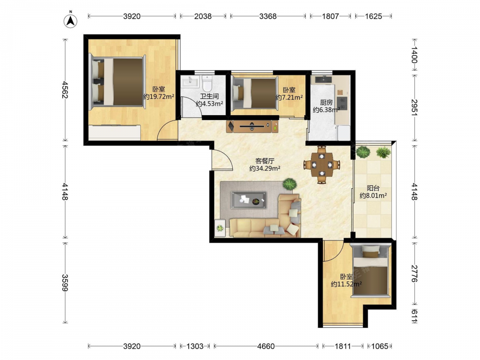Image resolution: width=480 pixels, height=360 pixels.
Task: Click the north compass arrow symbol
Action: coord(71,21)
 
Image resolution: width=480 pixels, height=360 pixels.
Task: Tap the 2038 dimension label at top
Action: coord(203,16)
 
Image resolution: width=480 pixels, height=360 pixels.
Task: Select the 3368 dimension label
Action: coord(268,16)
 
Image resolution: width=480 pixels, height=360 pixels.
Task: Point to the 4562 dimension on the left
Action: coord(65,89)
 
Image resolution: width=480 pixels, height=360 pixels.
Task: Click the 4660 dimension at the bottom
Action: coord(266,346)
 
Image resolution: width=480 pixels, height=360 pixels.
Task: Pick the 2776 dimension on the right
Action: coord(414,274)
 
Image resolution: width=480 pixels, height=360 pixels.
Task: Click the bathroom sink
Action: coord(191,82)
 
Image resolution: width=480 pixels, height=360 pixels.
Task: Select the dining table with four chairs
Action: coord(322,165)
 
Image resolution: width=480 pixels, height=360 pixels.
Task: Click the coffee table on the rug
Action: coord(249,200)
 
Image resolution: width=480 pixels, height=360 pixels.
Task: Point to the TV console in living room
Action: coord(252,126)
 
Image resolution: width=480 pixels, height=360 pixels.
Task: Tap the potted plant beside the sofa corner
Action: coord(289,184)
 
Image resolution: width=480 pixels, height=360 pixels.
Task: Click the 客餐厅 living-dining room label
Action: coord(265,161)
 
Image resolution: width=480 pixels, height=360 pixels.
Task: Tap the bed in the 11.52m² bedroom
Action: coord(371,270)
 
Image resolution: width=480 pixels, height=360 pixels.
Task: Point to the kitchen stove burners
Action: coord(342,103)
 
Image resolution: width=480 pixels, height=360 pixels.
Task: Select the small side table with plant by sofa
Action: coord(220,228)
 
